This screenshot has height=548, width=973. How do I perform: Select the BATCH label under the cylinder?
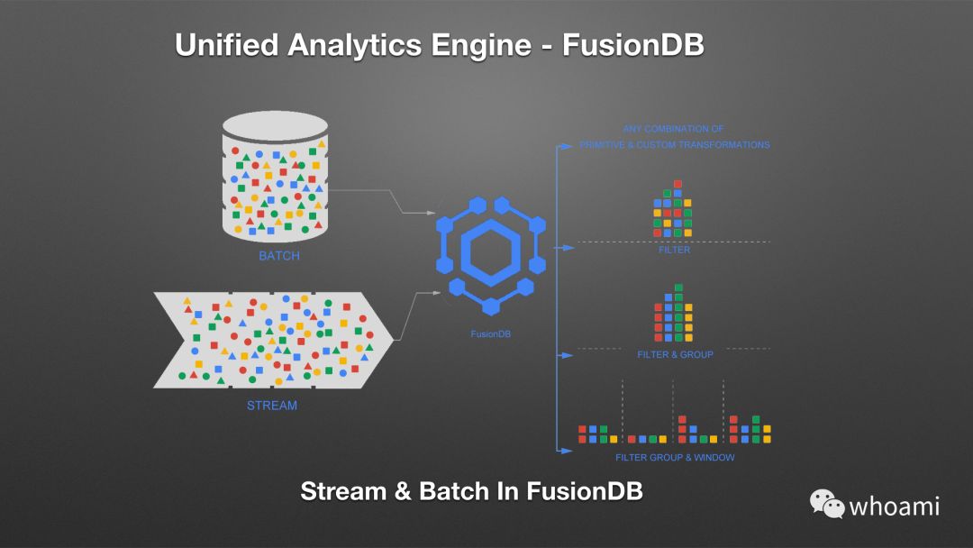279,256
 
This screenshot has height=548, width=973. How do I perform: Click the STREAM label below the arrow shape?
272,406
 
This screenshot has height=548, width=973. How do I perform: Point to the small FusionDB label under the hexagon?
490,333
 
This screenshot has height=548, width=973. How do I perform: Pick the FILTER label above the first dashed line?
674,250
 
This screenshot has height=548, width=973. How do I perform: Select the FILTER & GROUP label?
675,355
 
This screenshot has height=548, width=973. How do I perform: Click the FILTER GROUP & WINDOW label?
675,458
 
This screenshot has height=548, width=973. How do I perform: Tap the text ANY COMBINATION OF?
673,129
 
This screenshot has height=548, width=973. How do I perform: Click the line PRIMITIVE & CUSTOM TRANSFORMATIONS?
675,145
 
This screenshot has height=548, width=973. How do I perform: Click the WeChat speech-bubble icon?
826,503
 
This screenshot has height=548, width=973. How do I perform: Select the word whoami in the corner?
895,506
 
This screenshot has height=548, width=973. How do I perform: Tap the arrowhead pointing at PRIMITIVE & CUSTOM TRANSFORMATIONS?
568,145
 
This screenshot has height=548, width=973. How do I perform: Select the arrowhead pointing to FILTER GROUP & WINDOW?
568,448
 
